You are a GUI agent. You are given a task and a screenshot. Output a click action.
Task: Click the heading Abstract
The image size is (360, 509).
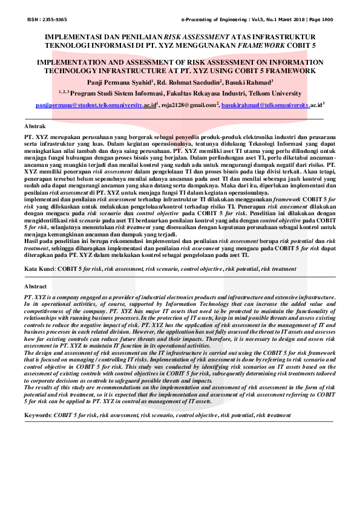tap(35, 285)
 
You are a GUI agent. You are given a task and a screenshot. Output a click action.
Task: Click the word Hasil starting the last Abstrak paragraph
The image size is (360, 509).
tap(31, 240)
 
